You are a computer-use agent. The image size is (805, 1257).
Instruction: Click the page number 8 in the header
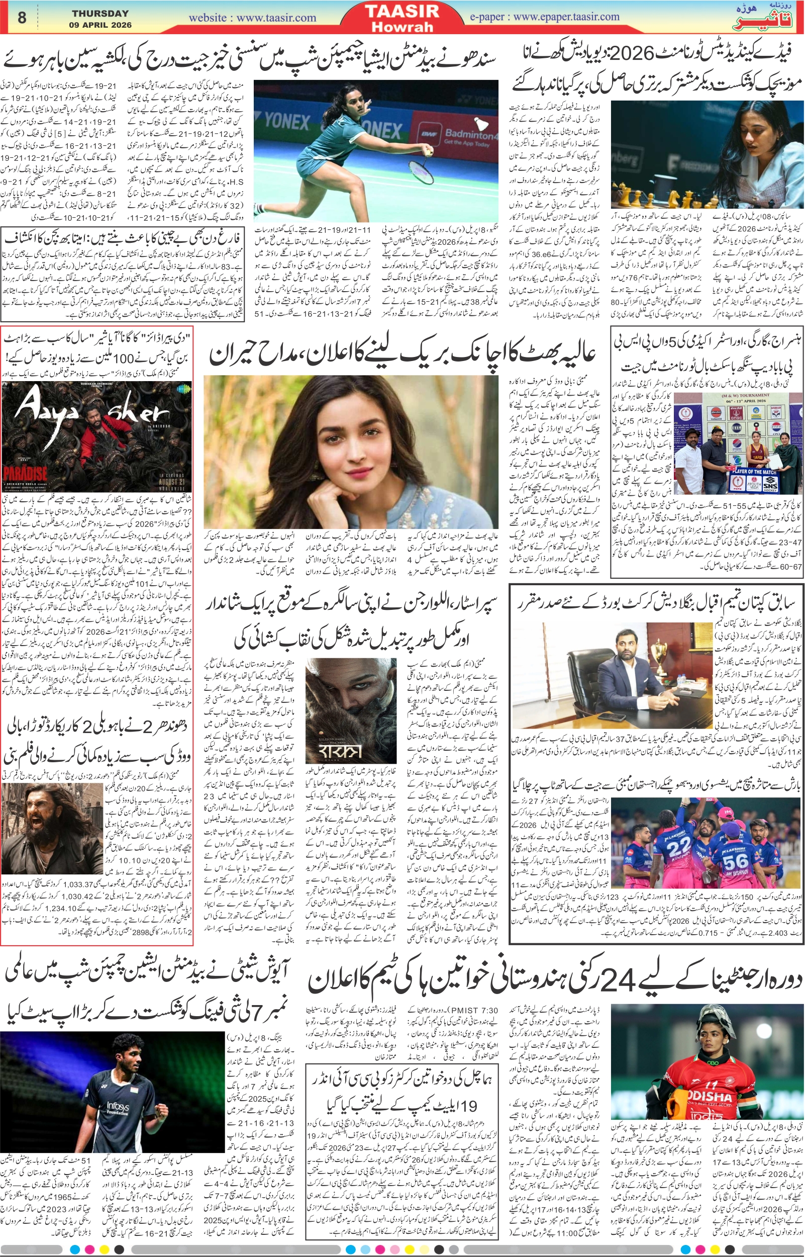(22, 17)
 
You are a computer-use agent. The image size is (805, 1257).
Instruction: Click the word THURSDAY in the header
(100, 13)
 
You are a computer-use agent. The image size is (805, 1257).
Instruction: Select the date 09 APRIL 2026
(100, 25)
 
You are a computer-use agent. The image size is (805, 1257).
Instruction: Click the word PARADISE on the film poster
(25, 474)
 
